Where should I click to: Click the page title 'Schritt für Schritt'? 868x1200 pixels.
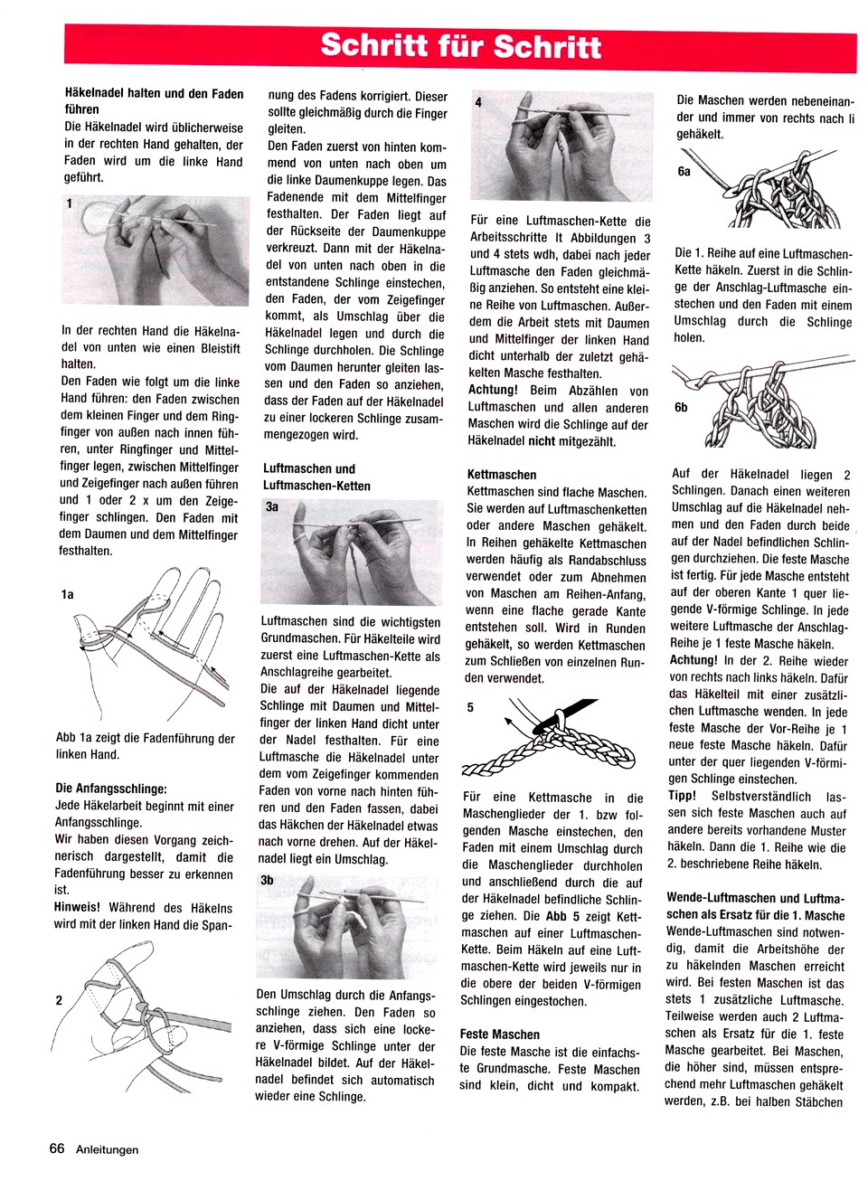(460, 46)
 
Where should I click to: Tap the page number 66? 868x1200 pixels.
(57, 1148)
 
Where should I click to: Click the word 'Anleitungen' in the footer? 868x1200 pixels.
(108, 1149)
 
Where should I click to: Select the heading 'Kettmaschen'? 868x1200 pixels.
(502, 475)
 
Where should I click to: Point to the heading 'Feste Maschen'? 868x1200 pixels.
(499, 1035)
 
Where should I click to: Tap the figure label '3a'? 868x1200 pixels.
(271, 507)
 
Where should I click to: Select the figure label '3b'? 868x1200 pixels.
(267, 880)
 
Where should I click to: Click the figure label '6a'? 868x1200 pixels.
(684, 171)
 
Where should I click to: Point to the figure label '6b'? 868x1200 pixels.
(681, 407)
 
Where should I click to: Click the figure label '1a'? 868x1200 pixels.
(67, 594)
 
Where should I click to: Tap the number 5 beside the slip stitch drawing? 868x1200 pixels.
(470, 708)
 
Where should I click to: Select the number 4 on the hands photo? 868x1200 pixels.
(478, 103)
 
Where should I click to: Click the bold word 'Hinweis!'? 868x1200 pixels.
(78, 907)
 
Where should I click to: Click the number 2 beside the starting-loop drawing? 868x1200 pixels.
(59, 1000)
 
